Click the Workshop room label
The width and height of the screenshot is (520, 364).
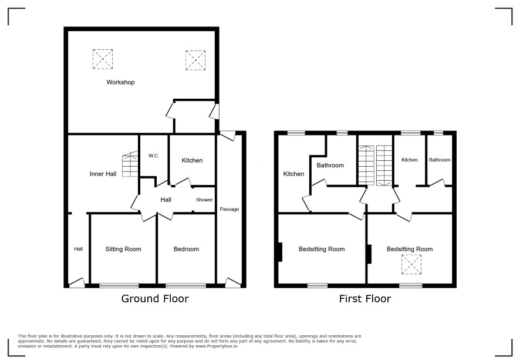[x=120, y=82]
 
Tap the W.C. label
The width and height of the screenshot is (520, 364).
[x=154, y=156]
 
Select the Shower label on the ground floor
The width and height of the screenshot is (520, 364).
[x=204, y=200]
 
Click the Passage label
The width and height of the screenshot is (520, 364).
[x=229, y=210]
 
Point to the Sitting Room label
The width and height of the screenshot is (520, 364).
[x=123, y=249]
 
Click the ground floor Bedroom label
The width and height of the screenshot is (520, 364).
[x=186, y=249]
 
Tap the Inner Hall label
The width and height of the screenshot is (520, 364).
[x=103, y=174]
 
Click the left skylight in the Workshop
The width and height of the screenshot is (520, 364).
[x=103, y=59]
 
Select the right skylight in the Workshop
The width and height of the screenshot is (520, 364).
[x=195, y=60]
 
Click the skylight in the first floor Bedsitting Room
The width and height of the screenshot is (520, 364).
[x=411, y=264]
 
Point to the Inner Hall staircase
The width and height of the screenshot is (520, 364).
[x=130, y=164]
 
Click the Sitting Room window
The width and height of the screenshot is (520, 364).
[x=119, y=285]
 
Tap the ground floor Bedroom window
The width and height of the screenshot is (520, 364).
[x=185, y=285]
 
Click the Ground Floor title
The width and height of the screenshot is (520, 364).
[x=155, y=299]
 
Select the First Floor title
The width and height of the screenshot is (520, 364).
[x=365, y=299]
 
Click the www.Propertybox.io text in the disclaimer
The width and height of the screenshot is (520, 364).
[x=216, y=346]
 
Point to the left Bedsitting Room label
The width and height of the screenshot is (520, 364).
[x=322, y=249]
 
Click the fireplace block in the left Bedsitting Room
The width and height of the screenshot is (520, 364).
[x=280, y=252]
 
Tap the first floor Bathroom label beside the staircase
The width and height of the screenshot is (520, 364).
[x=330, y=165]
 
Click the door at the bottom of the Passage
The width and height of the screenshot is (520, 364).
[x=232, y=282]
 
